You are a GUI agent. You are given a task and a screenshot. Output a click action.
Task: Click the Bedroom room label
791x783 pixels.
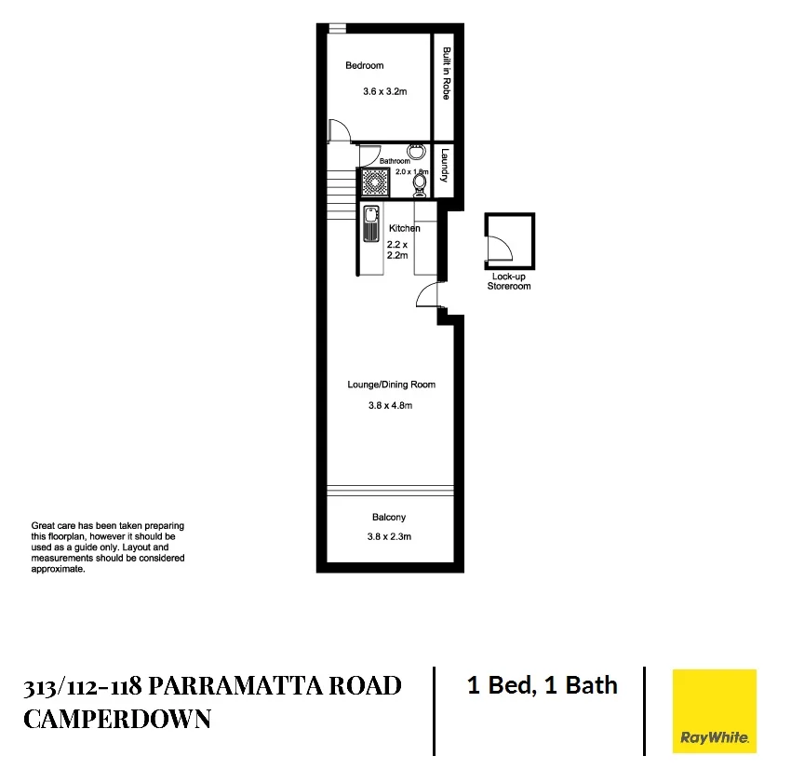(x=364, y=66)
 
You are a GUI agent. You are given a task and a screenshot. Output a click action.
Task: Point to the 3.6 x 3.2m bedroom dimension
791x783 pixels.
(x=385, y=93)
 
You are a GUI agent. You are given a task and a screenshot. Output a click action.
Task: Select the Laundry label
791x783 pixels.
(x=447, y=166)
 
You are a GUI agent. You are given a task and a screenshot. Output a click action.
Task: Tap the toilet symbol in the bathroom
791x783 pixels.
(x=420, y=187)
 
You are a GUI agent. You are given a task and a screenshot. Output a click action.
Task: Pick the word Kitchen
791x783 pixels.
(x=404, y=228)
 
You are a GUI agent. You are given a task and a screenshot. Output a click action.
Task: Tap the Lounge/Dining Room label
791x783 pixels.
(x=391, y=385)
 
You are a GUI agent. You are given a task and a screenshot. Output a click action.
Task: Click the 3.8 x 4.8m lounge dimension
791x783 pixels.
(x=391, y=405)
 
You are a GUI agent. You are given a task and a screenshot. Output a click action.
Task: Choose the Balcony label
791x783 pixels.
(x=389, y=517)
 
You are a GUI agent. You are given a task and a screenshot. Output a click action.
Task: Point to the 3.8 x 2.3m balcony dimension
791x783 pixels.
(x=389, y=536)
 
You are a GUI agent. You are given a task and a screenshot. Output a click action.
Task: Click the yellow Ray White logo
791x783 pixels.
(x=714, y=711)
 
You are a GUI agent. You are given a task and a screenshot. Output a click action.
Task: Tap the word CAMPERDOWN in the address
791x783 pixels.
(x=117, y=719)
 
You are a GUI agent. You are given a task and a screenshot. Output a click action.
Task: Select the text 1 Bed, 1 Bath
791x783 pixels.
(x=542, y=686)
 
